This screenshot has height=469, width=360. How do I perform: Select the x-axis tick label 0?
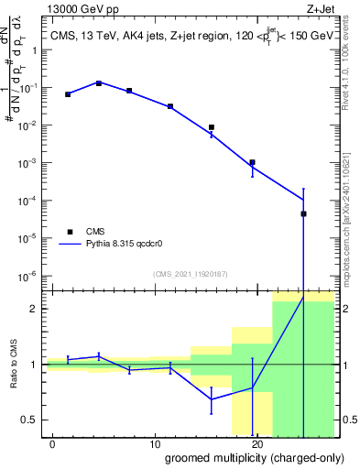tap(53, 444)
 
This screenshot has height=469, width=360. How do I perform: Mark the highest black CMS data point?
tap(99, 83)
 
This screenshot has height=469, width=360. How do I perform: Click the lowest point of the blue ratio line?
tap(212, 399)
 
